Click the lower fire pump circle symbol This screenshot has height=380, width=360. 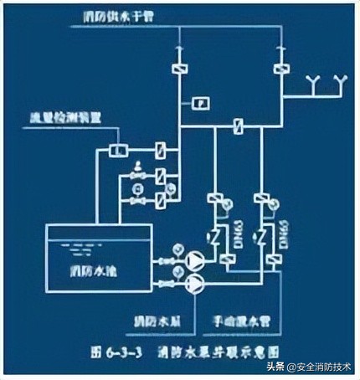[193, 285]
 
